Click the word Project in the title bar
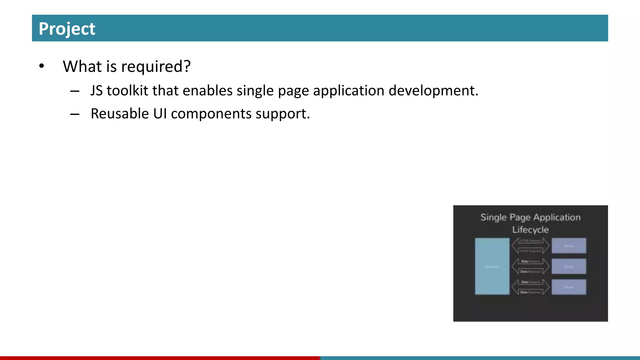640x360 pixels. [x=67, y=29]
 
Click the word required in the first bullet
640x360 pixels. [x=156, y=67]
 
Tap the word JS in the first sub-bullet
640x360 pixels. [x=97, y=91]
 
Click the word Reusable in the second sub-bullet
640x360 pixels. [x=120, y=113]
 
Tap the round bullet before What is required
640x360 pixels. [x=42, y=66]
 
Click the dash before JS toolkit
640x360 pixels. [x=75, y=91]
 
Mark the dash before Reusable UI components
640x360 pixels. [x=75, y=114]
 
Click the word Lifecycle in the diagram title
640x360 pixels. [x=530, y=230]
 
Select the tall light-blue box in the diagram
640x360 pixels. [x=492, y=266]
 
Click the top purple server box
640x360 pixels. [x=569, y=246]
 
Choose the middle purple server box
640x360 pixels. [x=569, y=266]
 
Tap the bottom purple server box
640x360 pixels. [x=569, y=287]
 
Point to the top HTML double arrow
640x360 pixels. [x=530, y=246]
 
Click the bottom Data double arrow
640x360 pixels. [x=530, y=287]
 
